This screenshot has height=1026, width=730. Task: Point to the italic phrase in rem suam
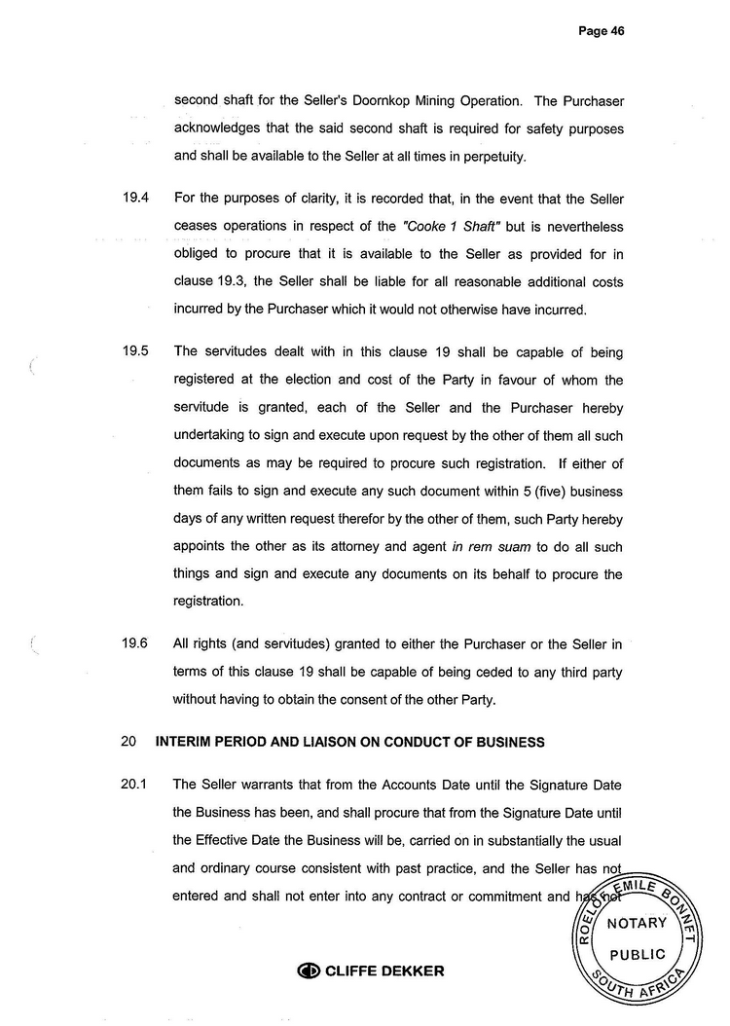(x=487, y=546)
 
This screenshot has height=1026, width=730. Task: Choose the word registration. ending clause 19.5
(x=208, y=602)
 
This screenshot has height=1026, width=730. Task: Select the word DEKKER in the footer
(x=412, y=971)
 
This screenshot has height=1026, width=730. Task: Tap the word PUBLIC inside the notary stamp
(x=638, y=955)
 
